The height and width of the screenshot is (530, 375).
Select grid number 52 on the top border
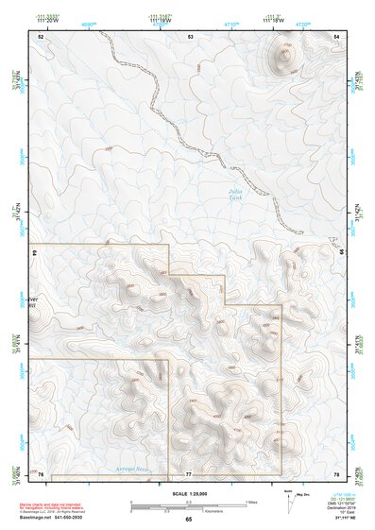pos(41,36)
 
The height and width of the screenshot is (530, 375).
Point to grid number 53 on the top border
pos(190,36)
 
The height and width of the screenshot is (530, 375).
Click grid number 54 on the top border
pos(337,36)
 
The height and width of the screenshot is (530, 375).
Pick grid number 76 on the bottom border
pos(41,473)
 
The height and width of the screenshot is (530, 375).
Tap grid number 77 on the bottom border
pos(189,473)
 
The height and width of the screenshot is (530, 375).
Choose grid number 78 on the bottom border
pos(337,473)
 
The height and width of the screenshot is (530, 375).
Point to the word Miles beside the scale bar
pos(251,501)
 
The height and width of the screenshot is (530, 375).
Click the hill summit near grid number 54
pos(284,55)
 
